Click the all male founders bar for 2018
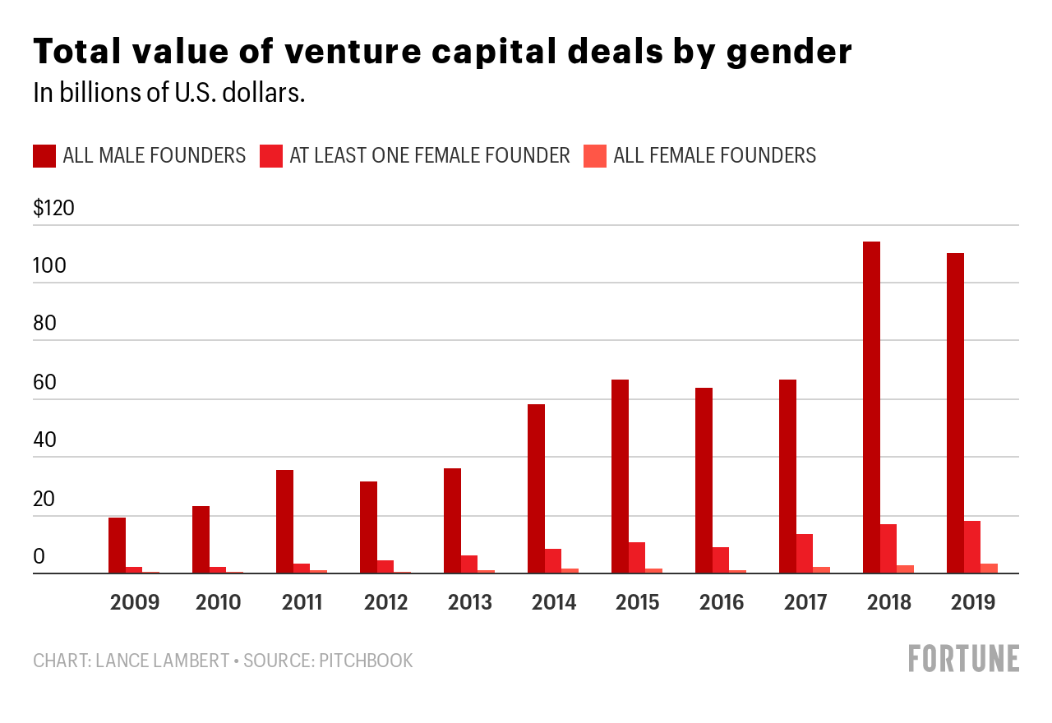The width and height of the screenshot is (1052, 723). (871, 408)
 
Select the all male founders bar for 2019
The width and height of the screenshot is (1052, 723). (955, 413)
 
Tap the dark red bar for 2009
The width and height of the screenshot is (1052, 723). (117, 546)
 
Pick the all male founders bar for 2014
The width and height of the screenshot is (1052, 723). (536, 489)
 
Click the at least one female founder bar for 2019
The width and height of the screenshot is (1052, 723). (972, 547)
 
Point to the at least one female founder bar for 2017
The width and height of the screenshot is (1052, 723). (805, 554)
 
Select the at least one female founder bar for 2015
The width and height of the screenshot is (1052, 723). (637, 558)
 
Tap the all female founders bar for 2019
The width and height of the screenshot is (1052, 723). (989, 569)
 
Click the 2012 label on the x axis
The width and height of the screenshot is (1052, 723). (385, 602)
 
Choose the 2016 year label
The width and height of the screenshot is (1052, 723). (721, 602)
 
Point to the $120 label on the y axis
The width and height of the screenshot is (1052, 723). (53, 208)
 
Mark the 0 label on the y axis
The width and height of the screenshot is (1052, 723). (39, 557)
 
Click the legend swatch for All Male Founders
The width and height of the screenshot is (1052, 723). (44, 155)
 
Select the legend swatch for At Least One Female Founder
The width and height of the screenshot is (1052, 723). (271, 155)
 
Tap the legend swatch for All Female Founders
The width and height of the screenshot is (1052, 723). (595, 155)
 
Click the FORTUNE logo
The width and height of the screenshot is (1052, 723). (963, 659)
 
